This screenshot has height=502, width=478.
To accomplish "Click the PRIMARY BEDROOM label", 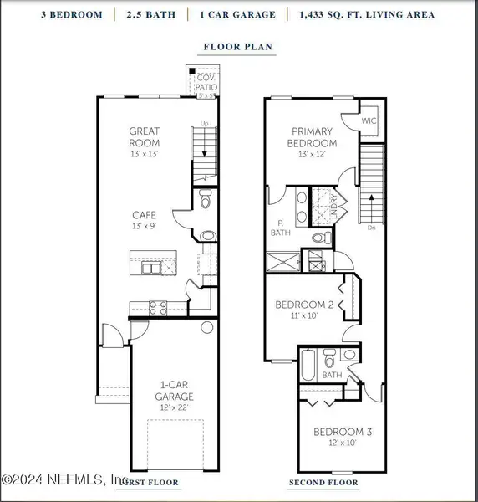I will [x=311, y=137].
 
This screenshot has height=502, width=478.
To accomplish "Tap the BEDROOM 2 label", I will [x=305, y=305].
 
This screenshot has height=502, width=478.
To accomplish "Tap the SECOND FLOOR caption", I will [x=323, y=483].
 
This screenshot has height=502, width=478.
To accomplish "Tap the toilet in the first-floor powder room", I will [x=206, y=200].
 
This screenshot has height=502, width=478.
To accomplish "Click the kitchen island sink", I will [x=151, y=268].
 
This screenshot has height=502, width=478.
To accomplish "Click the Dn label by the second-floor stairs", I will [x=370, y=226].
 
